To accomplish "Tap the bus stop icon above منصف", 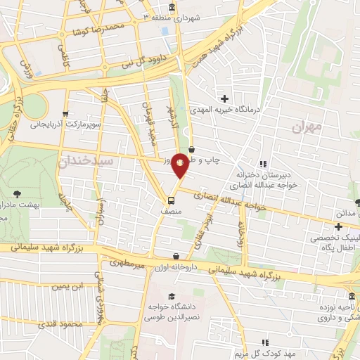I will tap(172, 200).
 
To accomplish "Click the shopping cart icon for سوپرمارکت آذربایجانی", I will tap(65, 113).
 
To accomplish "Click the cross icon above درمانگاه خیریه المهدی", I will tap(224, 98).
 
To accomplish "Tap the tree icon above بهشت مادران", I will tap(17, 193).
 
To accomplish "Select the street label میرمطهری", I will tap(127, 263).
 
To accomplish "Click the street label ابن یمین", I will tap(71, 285).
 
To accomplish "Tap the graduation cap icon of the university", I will tap(172, 296).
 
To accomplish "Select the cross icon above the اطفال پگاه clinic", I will tap(339, 226).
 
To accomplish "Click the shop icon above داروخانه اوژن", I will tap(176, 256).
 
